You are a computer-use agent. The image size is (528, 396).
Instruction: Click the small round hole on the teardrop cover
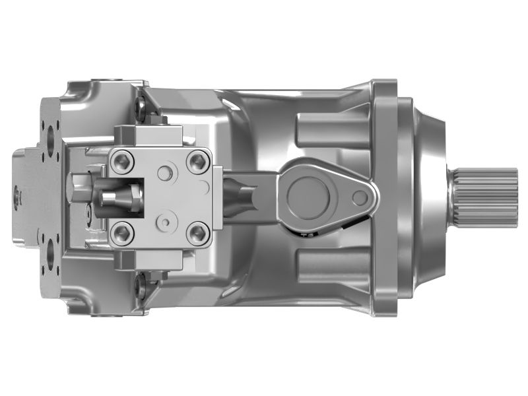pos(359,197)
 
